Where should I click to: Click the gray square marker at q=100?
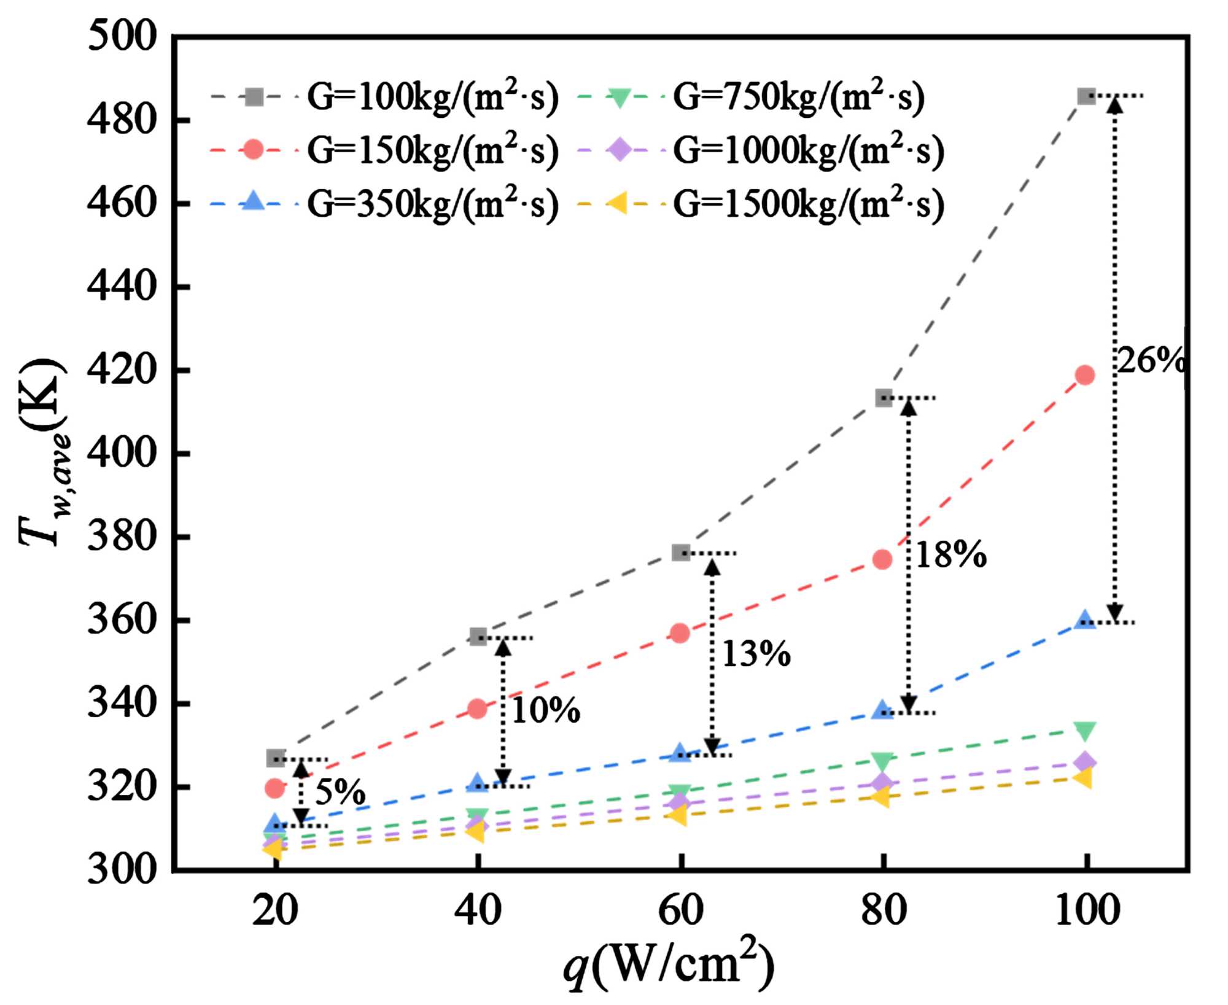click(1086, 96)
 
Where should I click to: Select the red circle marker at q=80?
click(882, 559)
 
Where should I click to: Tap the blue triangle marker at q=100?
click(1085, 619)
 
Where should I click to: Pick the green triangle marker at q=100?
click(1085, 731)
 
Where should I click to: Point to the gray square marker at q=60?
click(680, 553)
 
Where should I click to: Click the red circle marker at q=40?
click(477, 709)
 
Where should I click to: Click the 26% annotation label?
click(1149, 360)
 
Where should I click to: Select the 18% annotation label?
click(950, 556)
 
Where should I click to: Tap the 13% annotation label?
click(756, 654)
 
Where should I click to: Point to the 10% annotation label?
click(545, 711)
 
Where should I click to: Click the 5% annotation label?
click(340, 792)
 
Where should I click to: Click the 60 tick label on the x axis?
click(680, 910)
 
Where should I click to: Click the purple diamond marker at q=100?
click(1085, 762)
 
